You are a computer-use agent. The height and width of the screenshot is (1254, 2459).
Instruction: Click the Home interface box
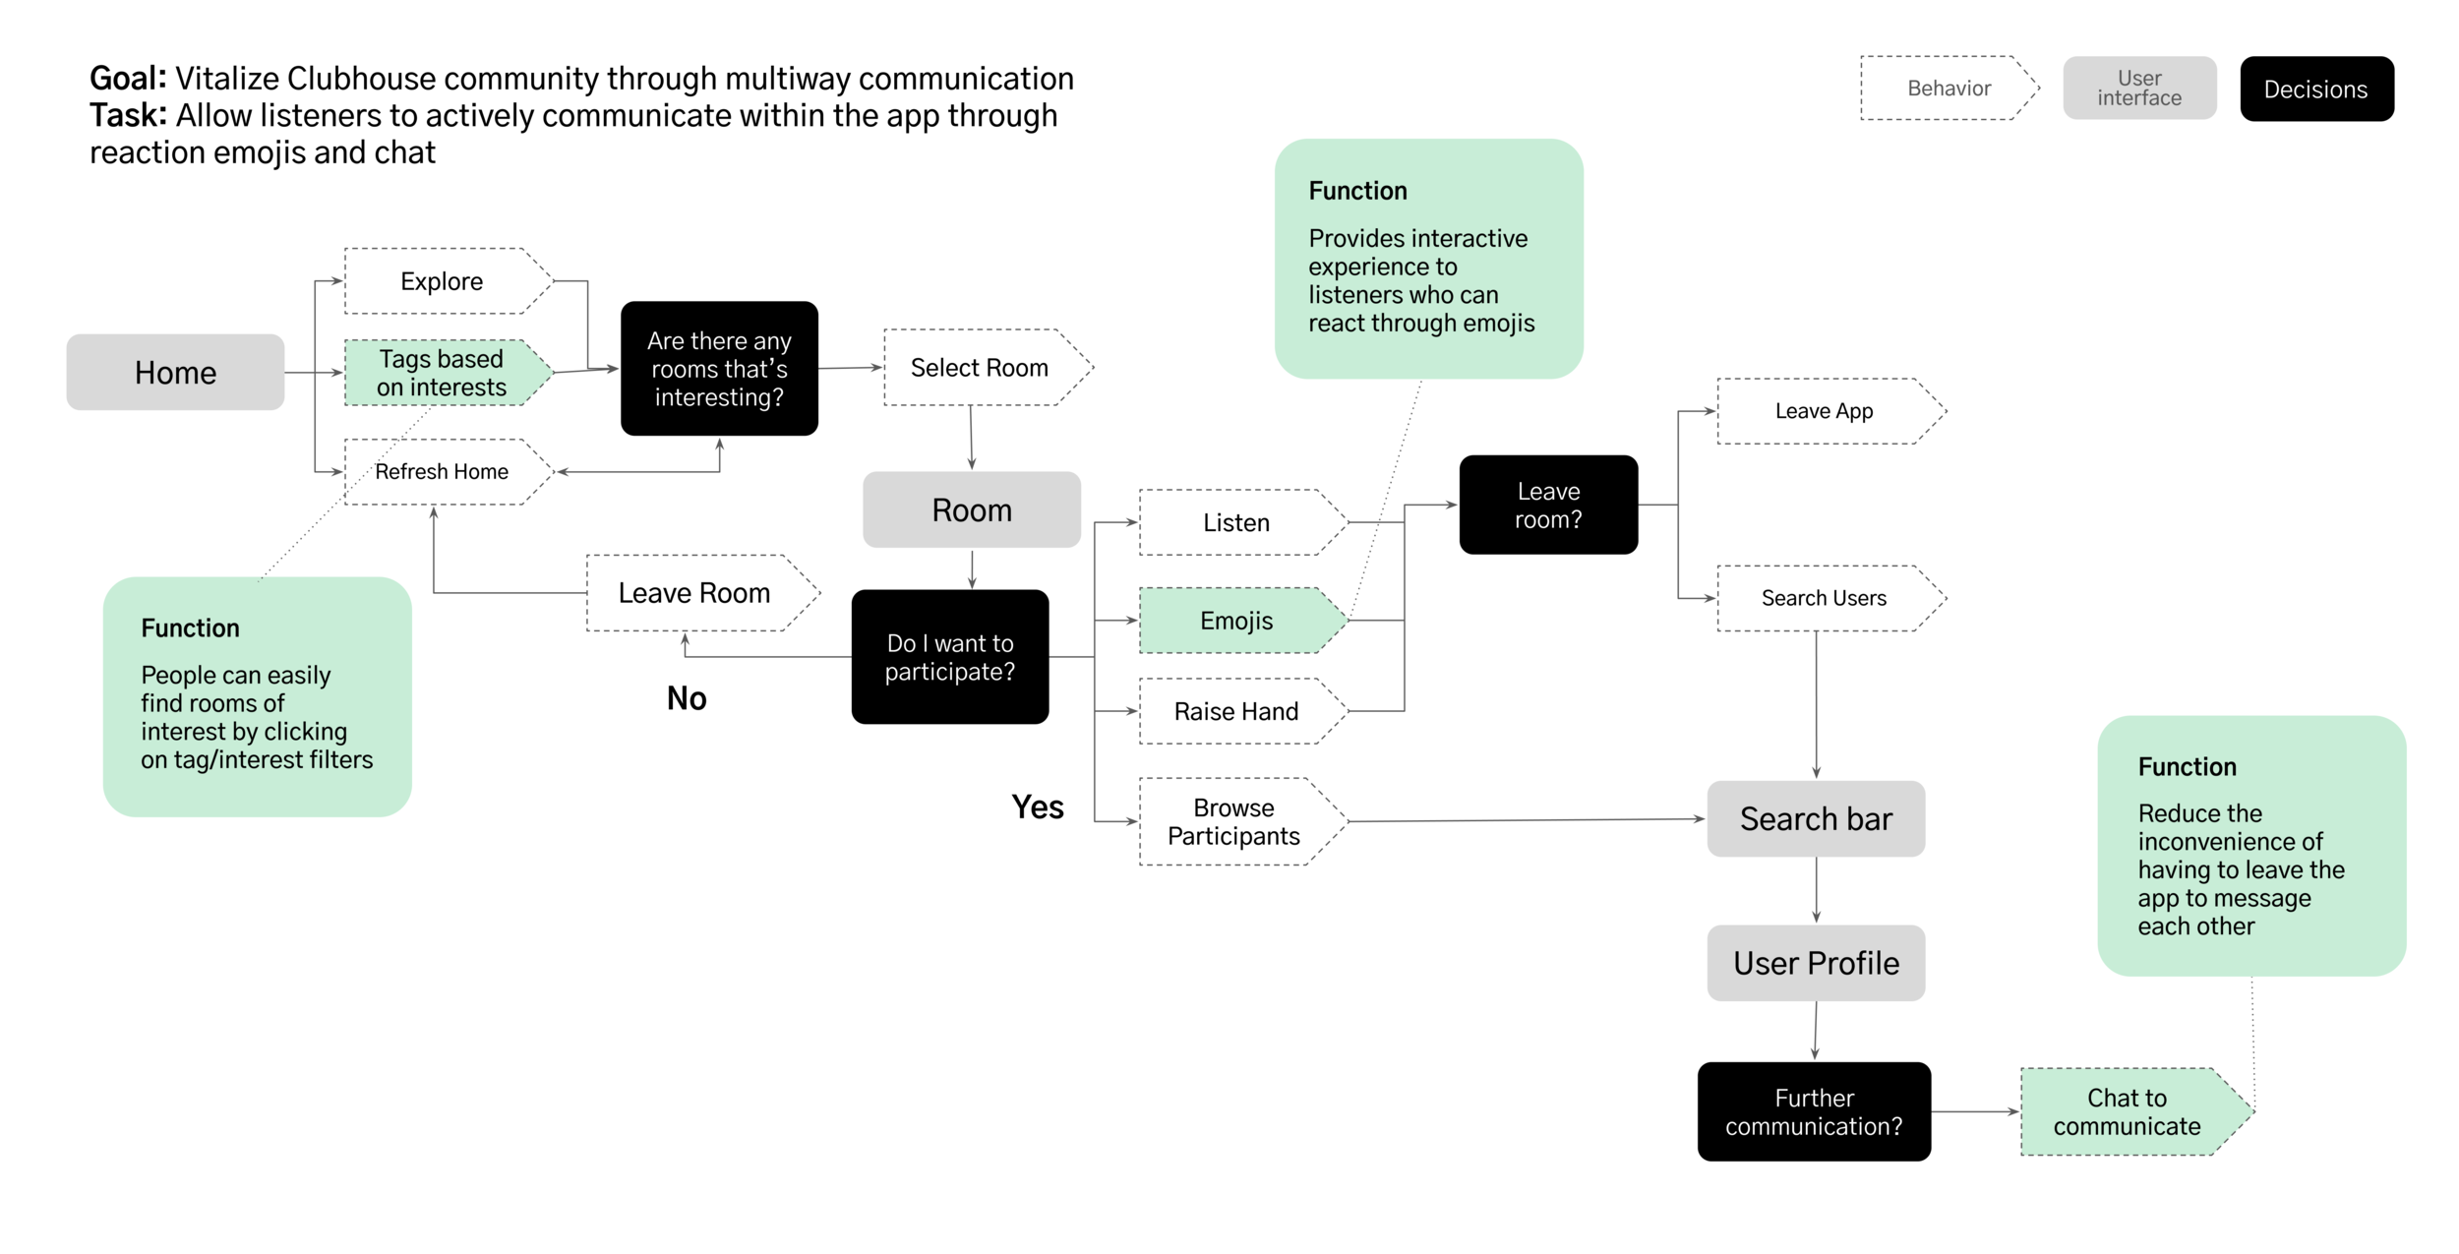click(175, 372)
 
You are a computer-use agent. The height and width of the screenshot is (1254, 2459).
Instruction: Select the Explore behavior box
click(442, 281)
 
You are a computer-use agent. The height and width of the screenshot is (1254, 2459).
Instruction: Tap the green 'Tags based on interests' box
click(442, 373)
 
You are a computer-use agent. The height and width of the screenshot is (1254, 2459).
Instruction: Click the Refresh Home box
click(442, 472)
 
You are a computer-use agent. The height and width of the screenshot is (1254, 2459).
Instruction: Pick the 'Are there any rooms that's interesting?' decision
click(719, 369)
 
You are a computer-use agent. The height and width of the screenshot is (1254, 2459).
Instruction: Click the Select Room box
click(979, 368)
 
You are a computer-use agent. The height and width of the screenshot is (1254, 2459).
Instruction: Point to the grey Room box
click(971, 509)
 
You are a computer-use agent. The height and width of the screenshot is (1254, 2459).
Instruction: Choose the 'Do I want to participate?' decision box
click(949, 657)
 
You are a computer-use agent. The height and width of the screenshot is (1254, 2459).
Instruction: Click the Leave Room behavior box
click(694, 593)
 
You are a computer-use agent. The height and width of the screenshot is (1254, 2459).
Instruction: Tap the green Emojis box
click(1235, 621)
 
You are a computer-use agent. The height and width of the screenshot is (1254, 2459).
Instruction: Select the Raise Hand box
click(1235, 711)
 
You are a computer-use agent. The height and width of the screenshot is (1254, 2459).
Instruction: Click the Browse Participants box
click(1233, 821)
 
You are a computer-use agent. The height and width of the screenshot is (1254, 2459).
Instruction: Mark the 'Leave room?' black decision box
click(1548, 505)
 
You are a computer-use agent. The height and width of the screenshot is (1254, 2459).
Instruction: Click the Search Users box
click(1824, 598)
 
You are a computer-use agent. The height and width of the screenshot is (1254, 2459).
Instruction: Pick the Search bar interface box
click(1816, 818)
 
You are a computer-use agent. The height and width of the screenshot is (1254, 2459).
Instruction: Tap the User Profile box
click(1816, 963)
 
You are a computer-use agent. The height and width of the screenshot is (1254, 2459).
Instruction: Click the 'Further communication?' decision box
click(1814, 1111)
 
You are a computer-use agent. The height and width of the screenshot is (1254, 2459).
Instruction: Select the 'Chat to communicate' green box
click(2127, 1111)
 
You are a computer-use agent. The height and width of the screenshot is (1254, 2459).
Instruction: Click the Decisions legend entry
click(2316, 90)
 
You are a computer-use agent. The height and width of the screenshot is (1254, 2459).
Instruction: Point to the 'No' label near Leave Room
click(687, 698)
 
